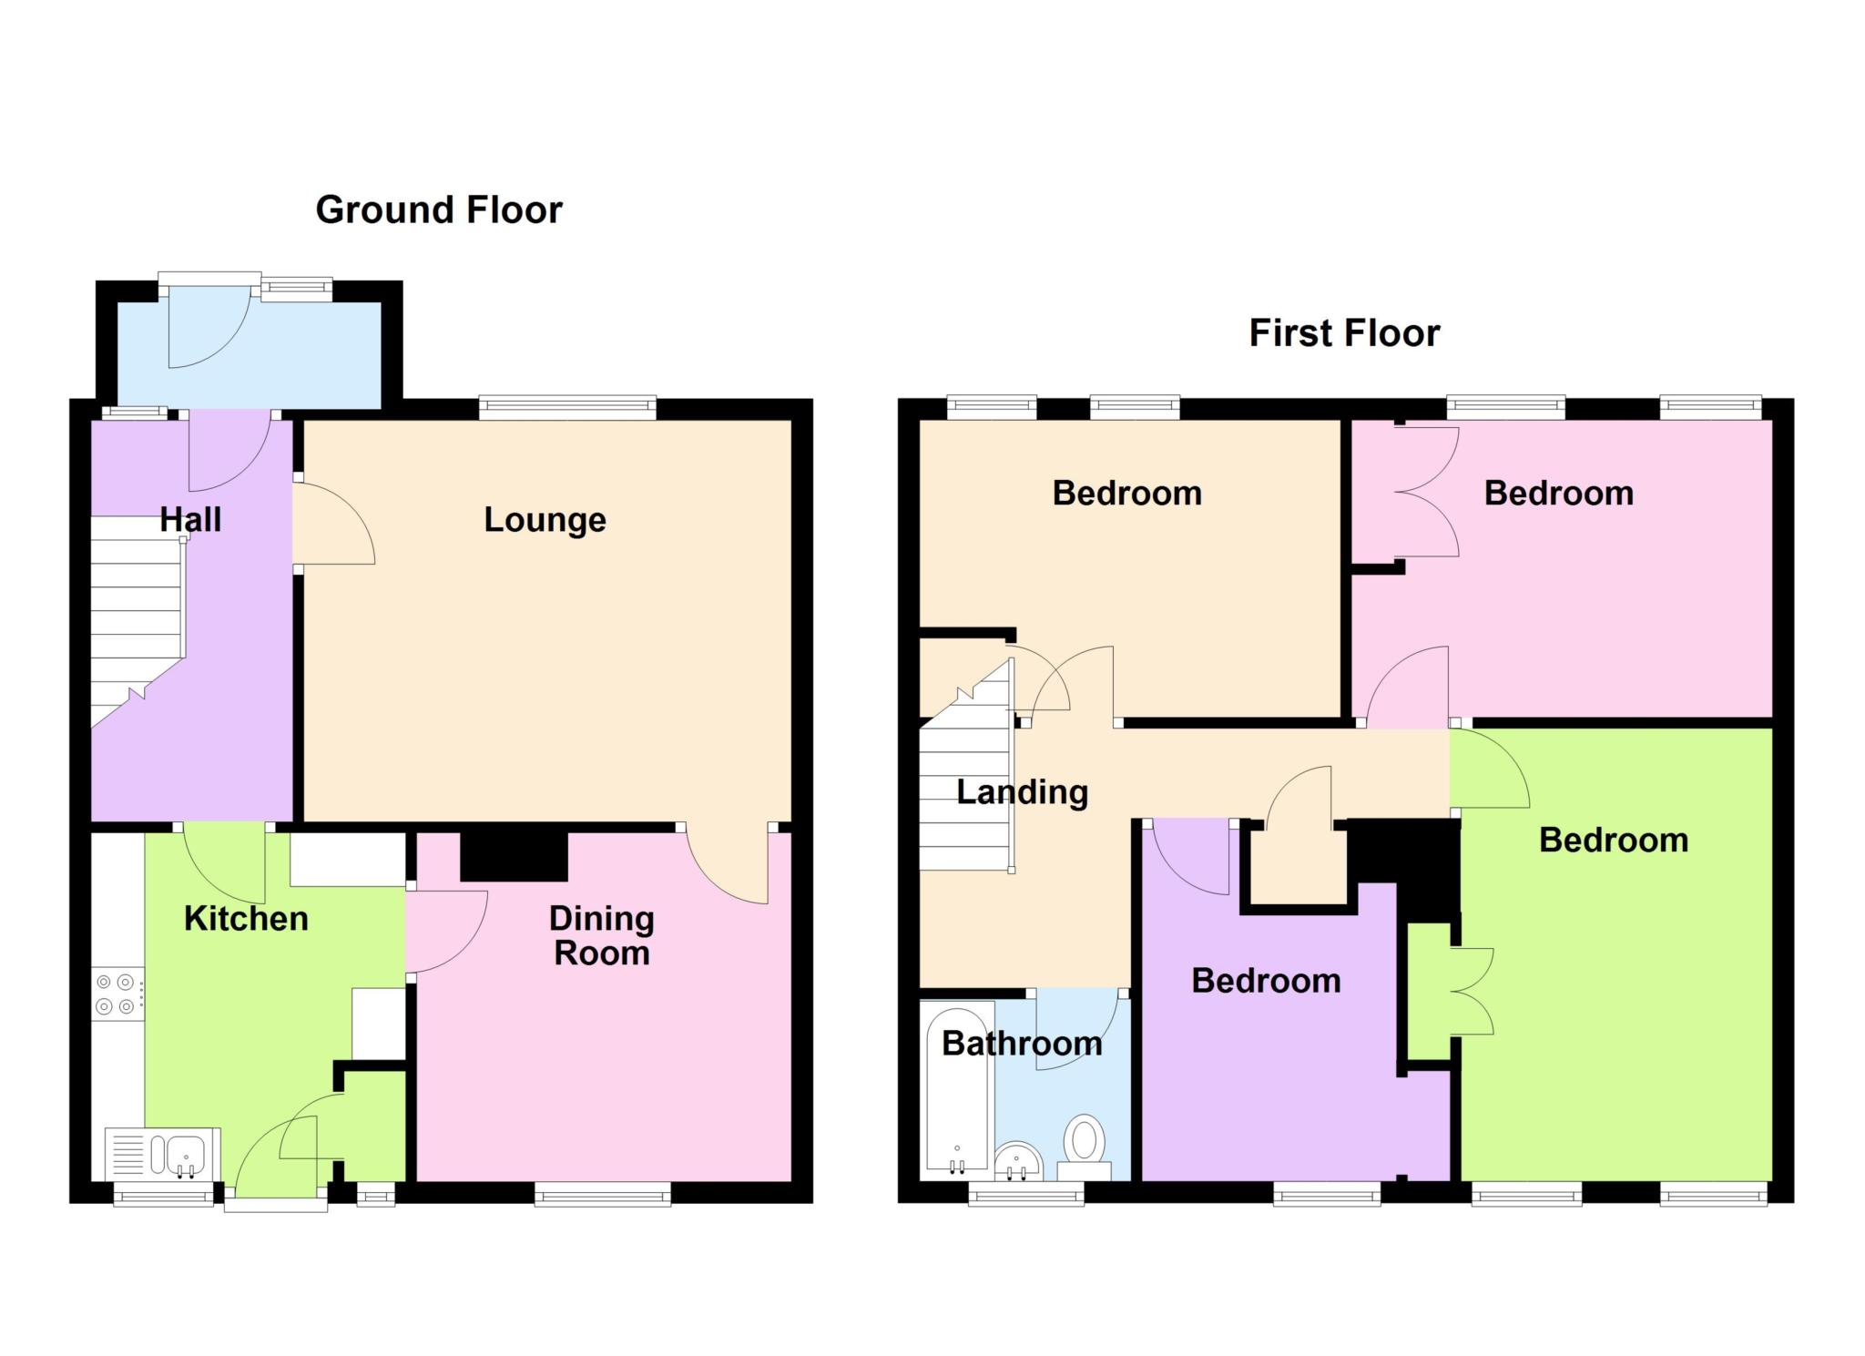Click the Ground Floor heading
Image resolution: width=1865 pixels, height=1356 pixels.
tap(439, 210)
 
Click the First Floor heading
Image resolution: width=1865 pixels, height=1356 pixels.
tap(1344, 333)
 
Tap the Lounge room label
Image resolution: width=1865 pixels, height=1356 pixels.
tap(545, 520)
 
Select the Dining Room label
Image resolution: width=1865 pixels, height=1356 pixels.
tap(601, 936)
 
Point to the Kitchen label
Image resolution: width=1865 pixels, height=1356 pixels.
tap(246, 919)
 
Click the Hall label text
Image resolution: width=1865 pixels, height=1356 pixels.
tap(190, 520)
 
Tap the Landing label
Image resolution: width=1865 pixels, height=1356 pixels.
tap(1022, 793)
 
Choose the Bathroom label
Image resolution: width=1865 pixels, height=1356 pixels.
tap(1022, 1044)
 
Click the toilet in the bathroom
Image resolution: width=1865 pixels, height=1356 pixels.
tap(1084, 1147)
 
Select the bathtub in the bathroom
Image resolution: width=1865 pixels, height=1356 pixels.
tap(956, 1089)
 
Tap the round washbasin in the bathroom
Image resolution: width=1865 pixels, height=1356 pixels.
tap(1018, 1162)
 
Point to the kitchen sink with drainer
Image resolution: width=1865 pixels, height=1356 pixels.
tap(162, 1154)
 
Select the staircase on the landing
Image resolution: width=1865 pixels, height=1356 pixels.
tap(966, 767)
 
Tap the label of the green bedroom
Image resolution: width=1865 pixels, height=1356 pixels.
tap(1613, 841)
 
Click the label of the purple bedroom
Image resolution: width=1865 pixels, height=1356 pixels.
tap(1266, 982)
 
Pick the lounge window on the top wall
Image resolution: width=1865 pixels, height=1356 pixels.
tap(567, 408)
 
